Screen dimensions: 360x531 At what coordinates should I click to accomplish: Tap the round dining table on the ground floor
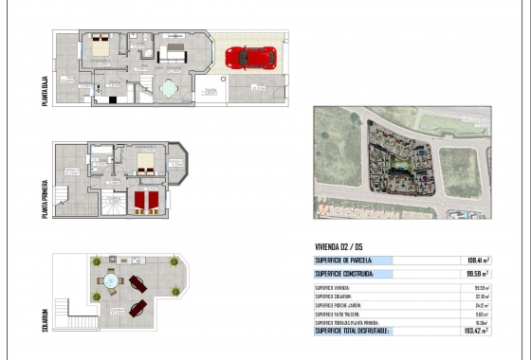[169, 89]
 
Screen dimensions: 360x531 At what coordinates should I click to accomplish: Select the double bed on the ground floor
[101, 46]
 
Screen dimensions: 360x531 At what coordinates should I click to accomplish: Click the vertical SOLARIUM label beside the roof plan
[45, 313]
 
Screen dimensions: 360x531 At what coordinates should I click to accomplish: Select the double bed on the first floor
[145, 162]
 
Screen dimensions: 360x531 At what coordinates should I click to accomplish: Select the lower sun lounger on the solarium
[137, 307]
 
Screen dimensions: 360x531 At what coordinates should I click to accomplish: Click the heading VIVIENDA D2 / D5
[338, 245]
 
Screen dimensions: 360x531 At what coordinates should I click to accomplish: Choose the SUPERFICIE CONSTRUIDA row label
[345, 274]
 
